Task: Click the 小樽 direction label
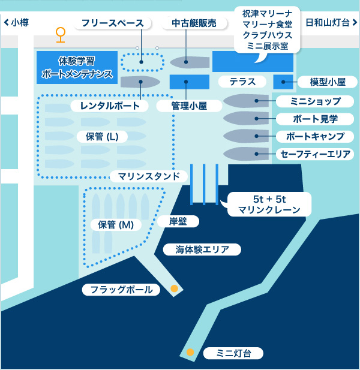(x=17, y=23)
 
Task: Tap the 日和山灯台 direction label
(x=331, y=23)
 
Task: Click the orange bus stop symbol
(x=61, y=35)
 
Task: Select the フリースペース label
(x=113, y=23)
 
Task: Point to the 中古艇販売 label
(x=194, y=23)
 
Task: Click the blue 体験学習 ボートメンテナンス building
(x=77, y=68)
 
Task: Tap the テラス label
(x=242, y=82)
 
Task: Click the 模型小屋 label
(x=328, y=82)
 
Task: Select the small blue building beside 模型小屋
(x=283, y=82)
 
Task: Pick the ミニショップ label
(x=315, y=101)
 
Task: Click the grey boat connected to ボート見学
(x=246, y=118)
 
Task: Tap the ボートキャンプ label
(x=315, y=136)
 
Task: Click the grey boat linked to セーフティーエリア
(x=246, y=154)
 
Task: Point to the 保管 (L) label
(x=102, y=136)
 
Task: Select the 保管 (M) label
(x=116, y=225)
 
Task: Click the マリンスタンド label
(x=149, y=176)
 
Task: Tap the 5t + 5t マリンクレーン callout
(x=269, y=204)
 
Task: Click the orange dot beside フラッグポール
(x=174, y=288)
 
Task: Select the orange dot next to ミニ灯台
(x=190, y=352)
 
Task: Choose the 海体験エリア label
(x=202, y=249)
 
